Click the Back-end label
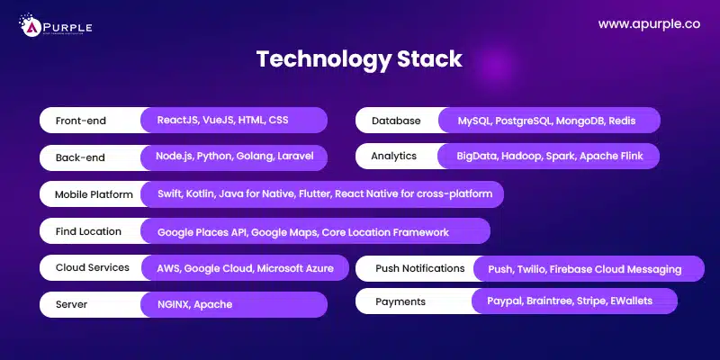(80, 157)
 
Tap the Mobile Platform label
(94, 194)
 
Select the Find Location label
(88, 231)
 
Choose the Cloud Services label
(93, 267)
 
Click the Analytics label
(394, 156)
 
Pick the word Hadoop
(525, 156)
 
